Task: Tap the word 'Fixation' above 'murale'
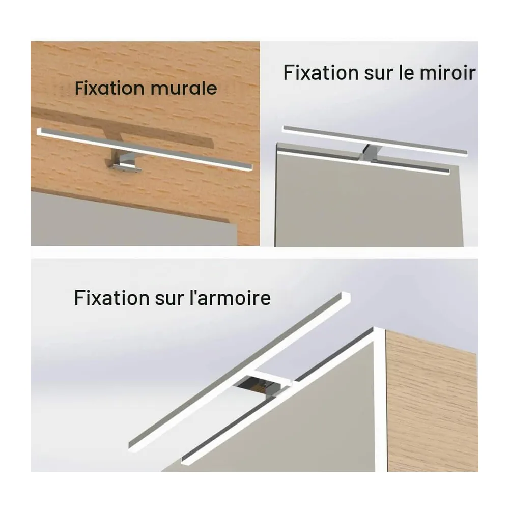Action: (x=109, y=88)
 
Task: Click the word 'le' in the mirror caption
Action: (x=406, y=73)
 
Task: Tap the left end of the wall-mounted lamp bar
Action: (x=39, y=131)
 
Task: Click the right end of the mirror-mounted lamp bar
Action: (x=466, y=152)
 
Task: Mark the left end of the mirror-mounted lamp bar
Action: (x=285, y=129)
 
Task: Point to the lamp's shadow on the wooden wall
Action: (x=123, y=127)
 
